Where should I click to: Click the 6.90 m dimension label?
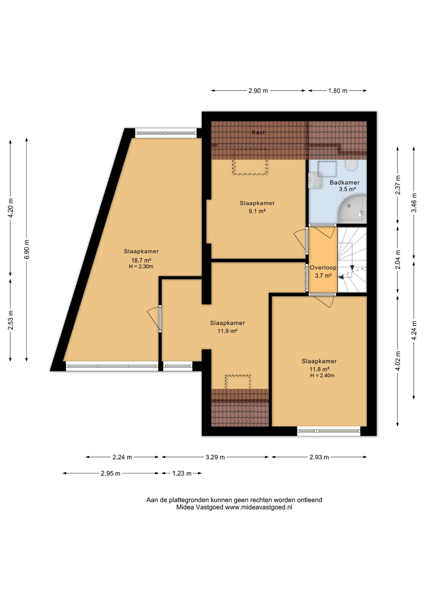(26, 250)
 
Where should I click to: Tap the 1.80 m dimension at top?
(338, 91)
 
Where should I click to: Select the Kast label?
(258, 132)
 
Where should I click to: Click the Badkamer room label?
(345, 183)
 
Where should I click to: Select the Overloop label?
(323, 267)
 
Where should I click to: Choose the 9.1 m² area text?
(257, 212)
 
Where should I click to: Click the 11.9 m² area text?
(227, 331)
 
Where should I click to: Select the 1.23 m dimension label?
(182, 473)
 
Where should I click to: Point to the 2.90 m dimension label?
(258, 91)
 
